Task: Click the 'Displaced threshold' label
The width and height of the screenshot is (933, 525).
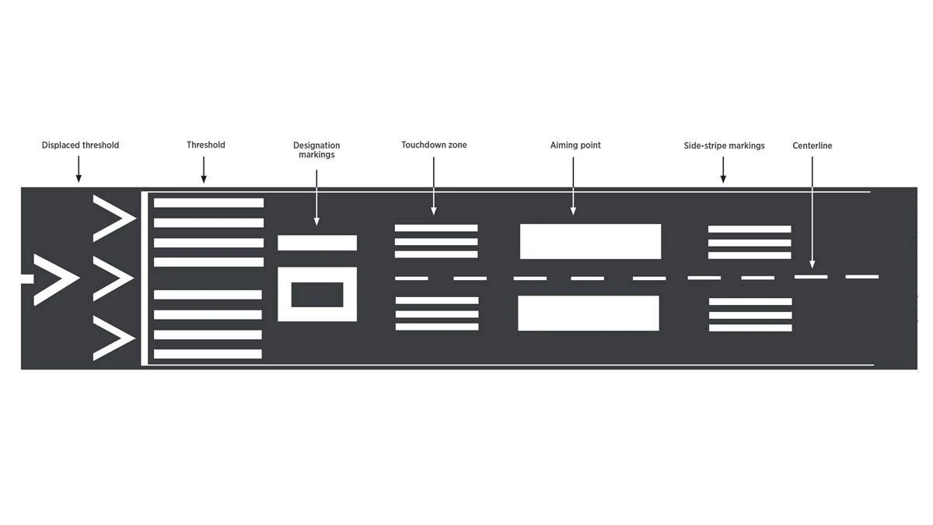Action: coord(80,145)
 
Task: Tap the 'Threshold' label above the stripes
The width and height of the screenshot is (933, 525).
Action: coord(205,145)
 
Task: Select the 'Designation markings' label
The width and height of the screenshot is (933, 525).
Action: coord(316,150)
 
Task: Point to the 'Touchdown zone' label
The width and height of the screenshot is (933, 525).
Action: coord(434,145)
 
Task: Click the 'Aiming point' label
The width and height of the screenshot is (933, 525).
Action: coord(575,145)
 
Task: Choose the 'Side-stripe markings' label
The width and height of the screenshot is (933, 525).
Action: coord(724,145)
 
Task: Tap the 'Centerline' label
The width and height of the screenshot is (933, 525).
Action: coord(812,145)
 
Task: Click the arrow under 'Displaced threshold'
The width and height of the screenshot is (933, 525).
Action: coord(79,169)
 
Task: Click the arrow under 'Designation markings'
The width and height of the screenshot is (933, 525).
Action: coord(316,198)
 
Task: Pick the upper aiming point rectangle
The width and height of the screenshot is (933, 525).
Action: coord(590,241)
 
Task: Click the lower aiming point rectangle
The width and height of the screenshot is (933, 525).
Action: coord(589,313)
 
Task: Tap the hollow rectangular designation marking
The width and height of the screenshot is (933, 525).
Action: coord(317,294)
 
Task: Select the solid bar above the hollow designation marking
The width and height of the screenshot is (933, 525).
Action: coord(317,243)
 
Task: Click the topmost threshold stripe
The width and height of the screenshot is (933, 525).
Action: coord(208,203)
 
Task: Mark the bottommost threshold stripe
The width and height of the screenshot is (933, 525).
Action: coord(208,354)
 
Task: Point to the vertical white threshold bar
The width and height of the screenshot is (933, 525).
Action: coord(144,278)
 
